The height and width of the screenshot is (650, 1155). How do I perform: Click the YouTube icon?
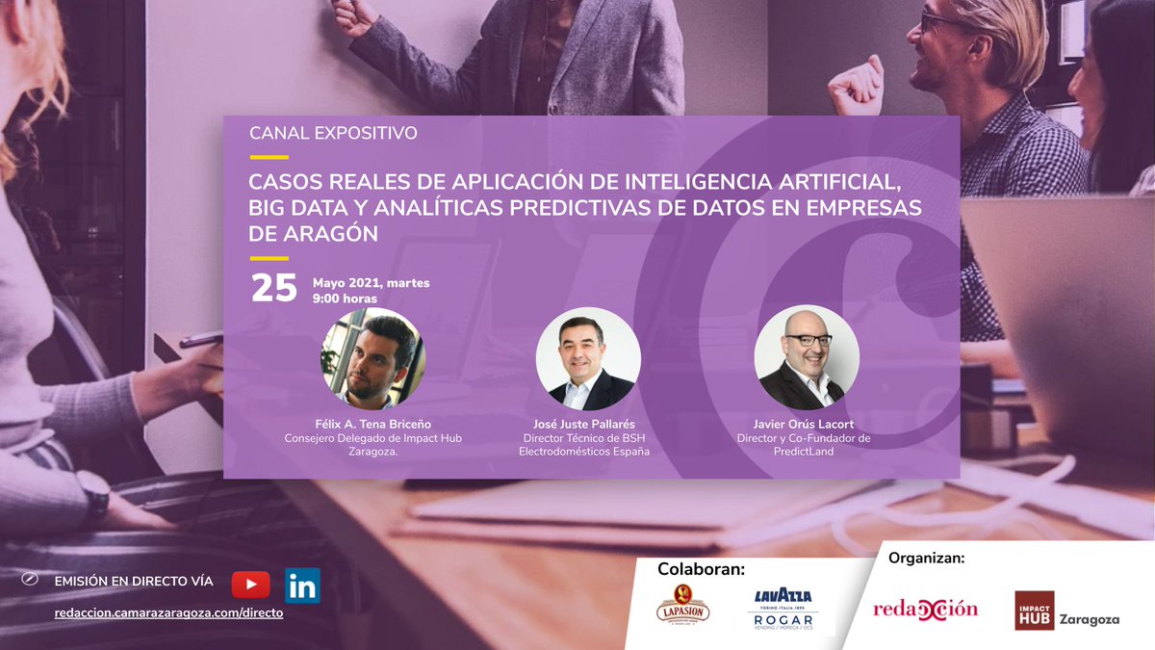pos(250,585)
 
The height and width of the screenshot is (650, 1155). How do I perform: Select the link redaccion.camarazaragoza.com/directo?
pos(168,612)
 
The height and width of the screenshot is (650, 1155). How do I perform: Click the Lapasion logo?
pos(682,609)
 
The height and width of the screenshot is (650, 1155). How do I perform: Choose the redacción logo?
pos(925,609)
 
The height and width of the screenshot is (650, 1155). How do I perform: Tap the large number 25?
pos(273,289)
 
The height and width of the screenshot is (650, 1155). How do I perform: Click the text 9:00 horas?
pos(345,299)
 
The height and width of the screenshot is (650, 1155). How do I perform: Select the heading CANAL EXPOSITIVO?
pos(333,133)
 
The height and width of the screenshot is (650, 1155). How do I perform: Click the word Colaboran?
pos(701,569)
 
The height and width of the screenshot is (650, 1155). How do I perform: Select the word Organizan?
pos(926,557)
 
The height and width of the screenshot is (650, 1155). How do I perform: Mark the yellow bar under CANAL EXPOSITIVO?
pos(269,157)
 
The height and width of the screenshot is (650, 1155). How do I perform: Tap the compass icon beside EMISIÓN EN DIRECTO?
pos(30,580)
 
